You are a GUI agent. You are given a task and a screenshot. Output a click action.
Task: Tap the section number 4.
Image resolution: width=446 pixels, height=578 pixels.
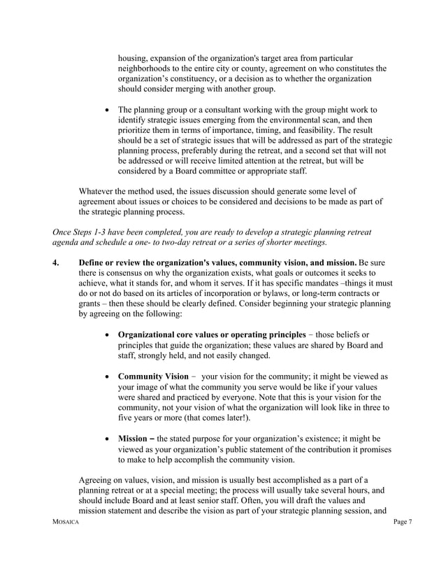(55, 262)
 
